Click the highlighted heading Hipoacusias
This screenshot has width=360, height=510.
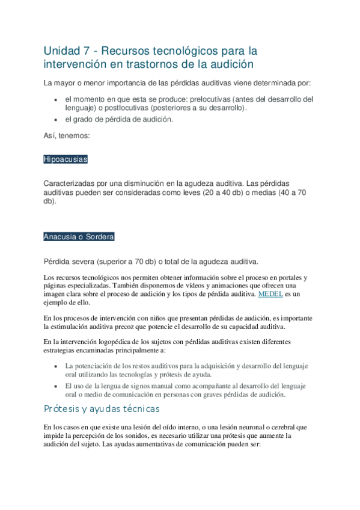[66, 159]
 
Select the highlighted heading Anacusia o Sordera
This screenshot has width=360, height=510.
[79, 237]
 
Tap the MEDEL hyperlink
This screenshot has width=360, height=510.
[270, 295]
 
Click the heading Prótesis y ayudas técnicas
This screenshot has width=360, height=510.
[102, 409]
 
